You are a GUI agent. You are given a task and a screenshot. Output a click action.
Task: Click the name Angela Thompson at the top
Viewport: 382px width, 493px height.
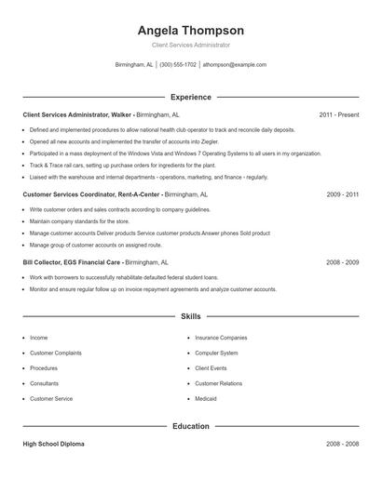(190, 31)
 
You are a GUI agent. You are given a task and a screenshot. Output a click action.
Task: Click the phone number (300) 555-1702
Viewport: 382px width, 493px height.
(178, 65)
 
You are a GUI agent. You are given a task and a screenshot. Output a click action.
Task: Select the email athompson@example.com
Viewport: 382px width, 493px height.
(235, 65)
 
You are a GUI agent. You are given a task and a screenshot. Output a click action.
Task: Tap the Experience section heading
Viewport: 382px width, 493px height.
(190, 97)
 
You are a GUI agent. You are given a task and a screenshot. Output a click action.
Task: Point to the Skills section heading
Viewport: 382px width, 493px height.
(190, 317)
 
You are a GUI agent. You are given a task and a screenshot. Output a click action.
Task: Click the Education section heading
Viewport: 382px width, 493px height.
(190, 427)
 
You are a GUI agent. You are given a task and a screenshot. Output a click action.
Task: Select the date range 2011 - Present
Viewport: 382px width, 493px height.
(338, 114)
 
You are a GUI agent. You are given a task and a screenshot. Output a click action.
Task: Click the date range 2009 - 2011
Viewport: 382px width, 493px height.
(343, 195)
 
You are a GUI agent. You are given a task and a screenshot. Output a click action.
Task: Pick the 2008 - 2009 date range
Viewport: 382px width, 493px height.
(343, 262)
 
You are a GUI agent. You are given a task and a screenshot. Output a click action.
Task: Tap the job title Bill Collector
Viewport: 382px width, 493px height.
(48, 262)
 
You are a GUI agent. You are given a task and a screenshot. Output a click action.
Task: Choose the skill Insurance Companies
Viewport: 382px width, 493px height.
(221, 338)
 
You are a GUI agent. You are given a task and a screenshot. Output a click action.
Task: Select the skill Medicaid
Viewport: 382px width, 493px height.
(206, 398)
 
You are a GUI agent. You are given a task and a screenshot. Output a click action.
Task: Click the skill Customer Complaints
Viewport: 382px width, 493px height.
(55, 353)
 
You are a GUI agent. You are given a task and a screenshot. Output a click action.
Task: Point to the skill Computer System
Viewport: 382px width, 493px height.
(216, 353)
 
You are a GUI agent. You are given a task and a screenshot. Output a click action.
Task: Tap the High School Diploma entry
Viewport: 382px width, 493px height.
(53, 445)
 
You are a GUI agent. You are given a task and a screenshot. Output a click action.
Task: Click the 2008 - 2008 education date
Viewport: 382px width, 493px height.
(343, 445)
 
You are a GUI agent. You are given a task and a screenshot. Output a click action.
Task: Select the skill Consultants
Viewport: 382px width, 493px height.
(44, 383)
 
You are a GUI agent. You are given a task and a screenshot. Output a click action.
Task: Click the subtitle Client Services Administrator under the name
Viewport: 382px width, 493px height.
(190, 45)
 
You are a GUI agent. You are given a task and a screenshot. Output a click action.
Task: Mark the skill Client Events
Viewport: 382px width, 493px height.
(211, 368)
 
